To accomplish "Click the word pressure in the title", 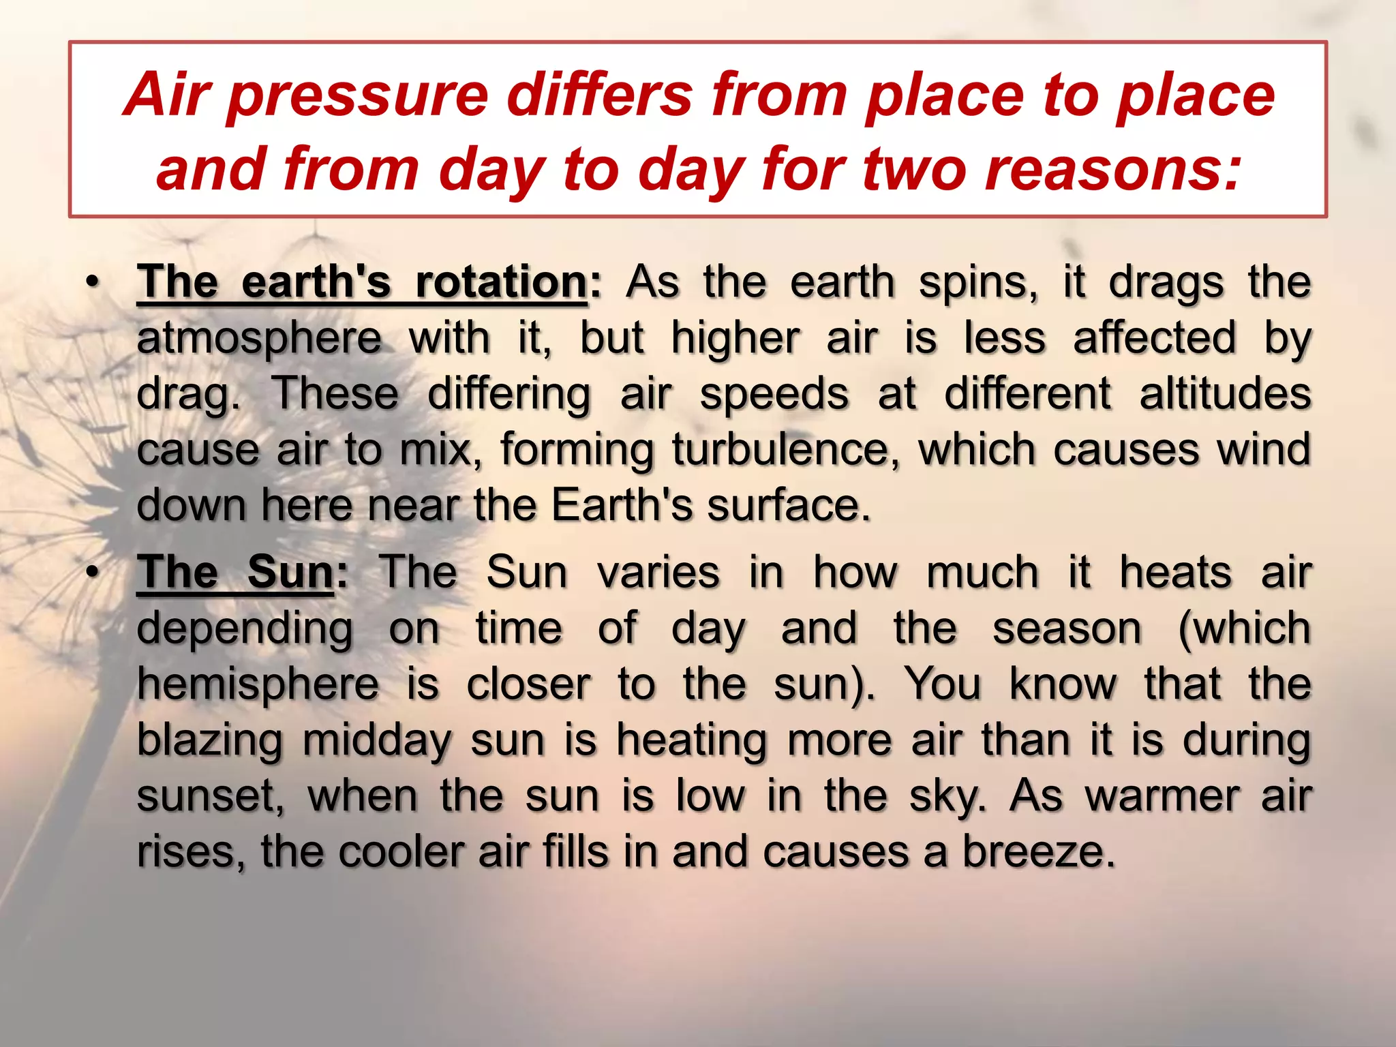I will coord(359,96).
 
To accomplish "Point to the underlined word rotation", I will coord(501,282).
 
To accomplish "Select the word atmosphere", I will coord(259,339).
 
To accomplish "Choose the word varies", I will coord(658,573).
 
